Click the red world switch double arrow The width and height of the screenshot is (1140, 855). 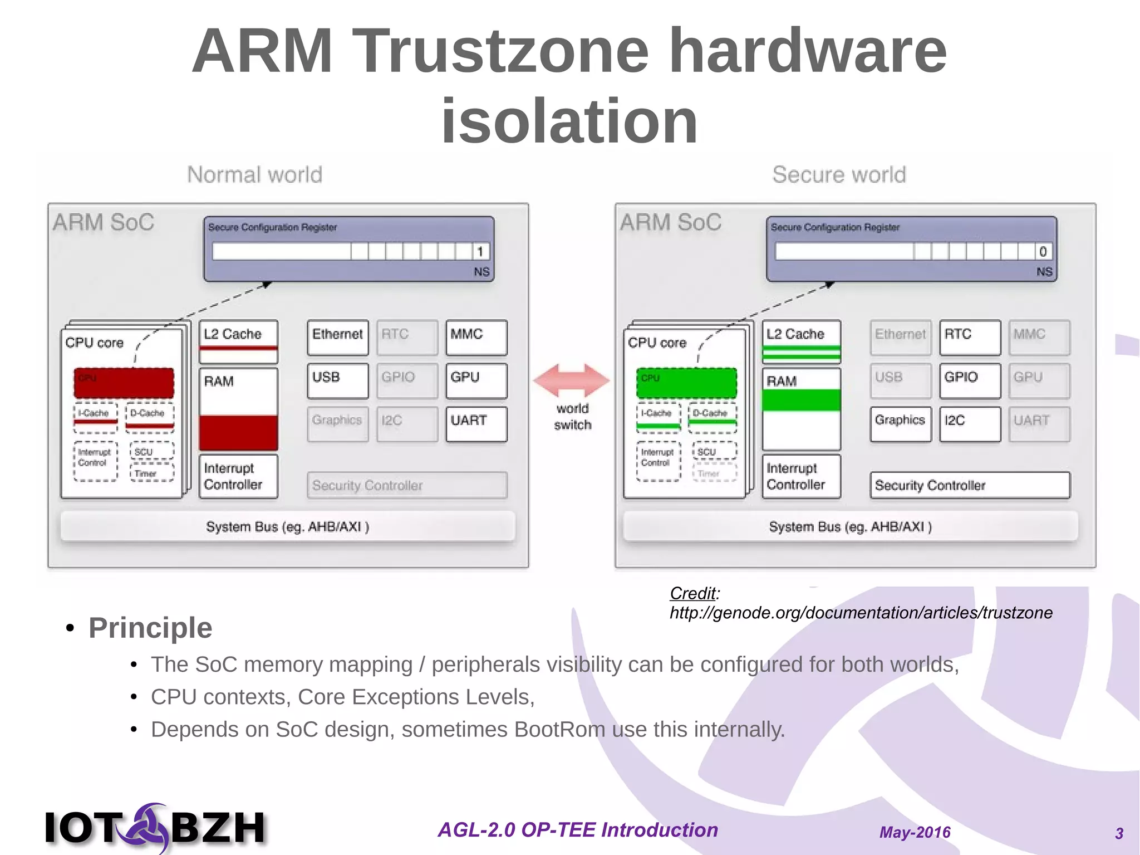point(572,380)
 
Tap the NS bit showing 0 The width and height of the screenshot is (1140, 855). point(1043,252)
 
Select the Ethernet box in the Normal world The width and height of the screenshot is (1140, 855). point(338,337)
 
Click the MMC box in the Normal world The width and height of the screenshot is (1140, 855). point(476,337)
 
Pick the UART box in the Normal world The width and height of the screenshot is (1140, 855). point(476,424)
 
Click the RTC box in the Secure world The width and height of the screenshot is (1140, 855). point(970,337)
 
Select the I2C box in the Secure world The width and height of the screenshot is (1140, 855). point(970,424)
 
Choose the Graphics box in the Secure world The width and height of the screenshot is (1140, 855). point(900,424)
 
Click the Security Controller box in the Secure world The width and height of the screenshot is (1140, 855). point(970,485)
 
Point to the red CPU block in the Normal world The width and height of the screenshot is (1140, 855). point(124,383)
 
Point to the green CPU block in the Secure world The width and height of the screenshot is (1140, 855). point(686,383)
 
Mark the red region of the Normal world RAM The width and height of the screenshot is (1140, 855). point(238,432)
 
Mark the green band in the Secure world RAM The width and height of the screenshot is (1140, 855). point(801,400)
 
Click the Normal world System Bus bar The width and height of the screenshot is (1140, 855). point(288,526)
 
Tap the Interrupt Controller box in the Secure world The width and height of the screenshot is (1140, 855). point(801,476)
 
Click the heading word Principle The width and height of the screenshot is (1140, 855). point(150,628)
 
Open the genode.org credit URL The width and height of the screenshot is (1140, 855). point(861,613)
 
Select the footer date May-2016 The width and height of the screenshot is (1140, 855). point(915,832)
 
